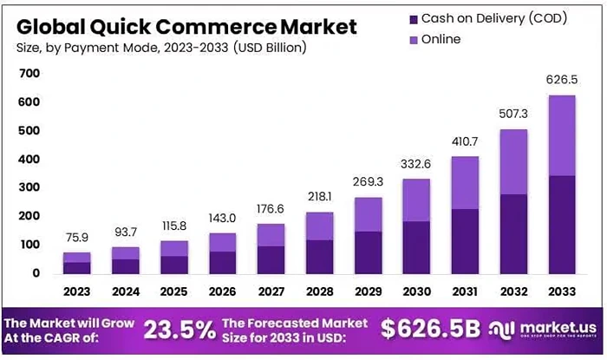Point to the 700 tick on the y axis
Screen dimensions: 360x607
[x=29, y=74]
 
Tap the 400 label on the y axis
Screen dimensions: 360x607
[x=29, y=160]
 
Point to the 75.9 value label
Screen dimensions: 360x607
[x=77, y=237]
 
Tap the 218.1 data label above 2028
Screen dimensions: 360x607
[x=320, y=196]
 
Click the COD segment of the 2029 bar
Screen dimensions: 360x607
[x=369, y=252]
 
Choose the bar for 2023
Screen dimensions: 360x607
[x=77, y=262]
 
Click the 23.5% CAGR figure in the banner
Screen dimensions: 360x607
[x=179, y=329]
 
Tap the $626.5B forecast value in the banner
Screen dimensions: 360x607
[x=431, y=329]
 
